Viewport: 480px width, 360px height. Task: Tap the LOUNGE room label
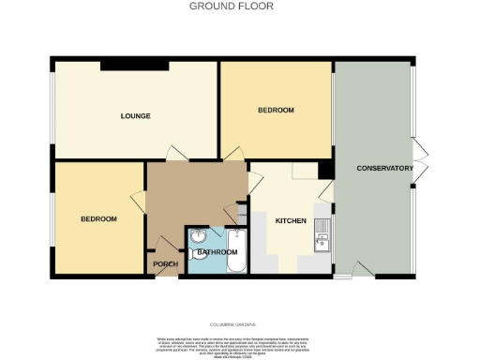coord(135,116)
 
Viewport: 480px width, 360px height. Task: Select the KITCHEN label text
coord(290,221)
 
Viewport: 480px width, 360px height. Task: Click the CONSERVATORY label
coord(384,169)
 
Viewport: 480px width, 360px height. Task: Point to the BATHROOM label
coord(216,252)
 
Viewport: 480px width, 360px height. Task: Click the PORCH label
coord(165,264)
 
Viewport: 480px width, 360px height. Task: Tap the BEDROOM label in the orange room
coord(276,111)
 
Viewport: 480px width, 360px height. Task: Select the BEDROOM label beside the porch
coord(97,219)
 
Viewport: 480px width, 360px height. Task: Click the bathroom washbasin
coord(199,237)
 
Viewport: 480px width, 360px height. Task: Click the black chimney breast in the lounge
coord(134,65)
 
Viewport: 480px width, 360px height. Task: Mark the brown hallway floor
coord(192,192)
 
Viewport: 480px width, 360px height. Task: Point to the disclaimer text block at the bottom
coord(240,344)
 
